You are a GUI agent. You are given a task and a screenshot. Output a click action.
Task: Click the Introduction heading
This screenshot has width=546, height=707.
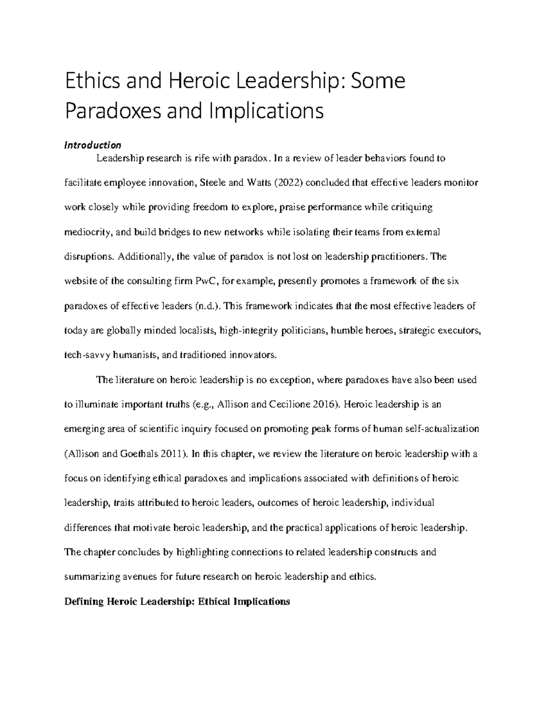click(x=93, y=145)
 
